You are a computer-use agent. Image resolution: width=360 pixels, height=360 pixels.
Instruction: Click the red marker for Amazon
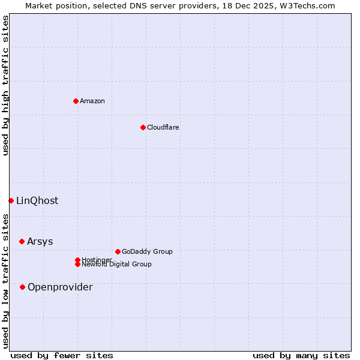pos(76,101)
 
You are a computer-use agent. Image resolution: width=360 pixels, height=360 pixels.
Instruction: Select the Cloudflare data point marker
pos(143,127)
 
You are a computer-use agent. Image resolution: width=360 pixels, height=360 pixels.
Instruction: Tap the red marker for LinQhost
pos(11,200)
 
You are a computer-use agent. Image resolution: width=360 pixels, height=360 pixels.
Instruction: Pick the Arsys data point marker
pos(22,241)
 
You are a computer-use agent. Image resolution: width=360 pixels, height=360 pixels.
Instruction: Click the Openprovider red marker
pos(22,287)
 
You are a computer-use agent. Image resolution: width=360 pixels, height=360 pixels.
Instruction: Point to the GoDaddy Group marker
pos(118,251)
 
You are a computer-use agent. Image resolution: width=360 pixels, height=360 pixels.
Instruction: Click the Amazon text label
pos(92,101)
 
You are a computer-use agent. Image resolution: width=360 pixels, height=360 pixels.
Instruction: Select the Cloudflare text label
pos(163,127)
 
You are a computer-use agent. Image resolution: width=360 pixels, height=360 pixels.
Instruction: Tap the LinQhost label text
pos(37,201)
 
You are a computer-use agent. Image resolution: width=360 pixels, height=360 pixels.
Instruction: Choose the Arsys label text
pos(40,242)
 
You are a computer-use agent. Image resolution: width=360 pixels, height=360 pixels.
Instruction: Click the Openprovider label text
pos(60,287)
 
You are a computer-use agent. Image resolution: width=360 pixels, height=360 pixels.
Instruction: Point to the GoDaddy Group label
pos(147,252)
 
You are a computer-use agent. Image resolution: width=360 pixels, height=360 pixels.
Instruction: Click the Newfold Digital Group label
pos(117,264)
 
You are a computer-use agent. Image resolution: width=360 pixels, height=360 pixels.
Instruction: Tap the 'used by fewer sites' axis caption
pos(62,355)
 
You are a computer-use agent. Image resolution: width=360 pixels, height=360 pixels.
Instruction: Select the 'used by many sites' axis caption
pos(301,355)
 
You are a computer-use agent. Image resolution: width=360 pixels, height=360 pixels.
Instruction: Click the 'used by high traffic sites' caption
pos(5,85)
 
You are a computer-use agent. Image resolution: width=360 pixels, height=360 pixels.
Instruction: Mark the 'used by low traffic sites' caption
pos(5,280)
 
